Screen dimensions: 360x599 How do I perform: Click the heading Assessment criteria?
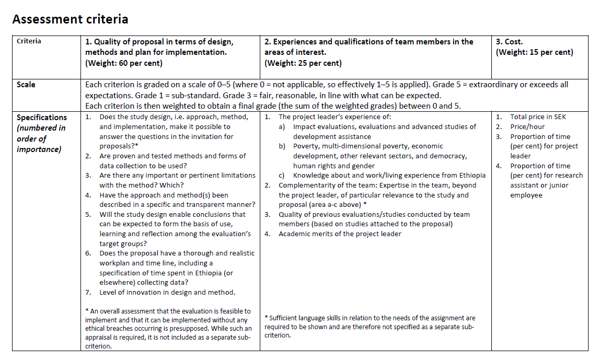point(70,19)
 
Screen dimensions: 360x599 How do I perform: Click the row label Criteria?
point(29,41)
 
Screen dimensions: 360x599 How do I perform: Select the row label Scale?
point(26,84)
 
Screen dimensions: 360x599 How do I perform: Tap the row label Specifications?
point(42,118)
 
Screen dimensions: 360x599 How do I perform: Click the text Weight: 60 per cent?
point(124,63)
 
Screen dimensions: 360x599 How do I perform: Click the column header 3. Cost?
point(509,42)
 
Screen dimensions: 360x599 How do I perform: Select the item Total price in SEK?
point(538,117)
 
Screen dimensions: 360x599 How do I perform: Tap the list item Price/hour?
point(527,126)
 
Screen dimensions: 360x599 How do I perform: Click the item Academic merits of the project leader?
point(340,234)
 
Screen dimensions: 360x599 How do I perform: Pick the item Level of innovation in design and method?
point(167,292)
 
